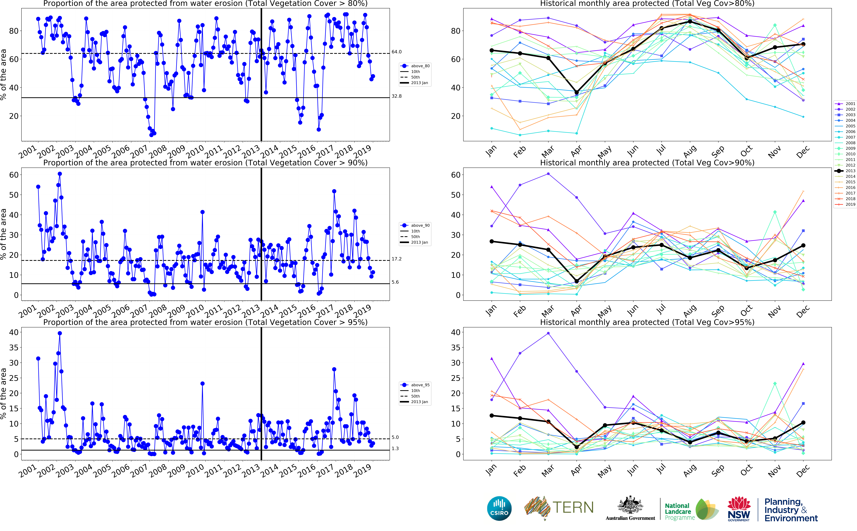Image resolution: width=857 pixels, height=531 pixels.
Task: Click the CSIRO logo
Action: tap(499, 508)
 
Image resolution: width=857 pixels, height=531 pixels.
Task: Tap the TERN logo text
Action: tap(573, 507)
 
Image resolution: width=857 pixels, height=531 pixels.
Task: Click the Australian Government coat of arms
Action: tap(630, 506)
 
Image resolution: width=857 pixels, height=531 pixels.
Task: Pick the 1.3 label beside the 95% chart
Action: tap(395, 449)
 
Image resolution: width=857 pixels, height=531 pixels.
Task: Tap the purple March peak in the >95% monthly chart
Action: tap(548, 333)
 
